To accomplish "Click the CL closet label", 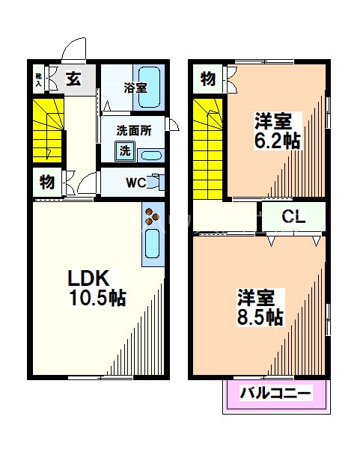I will (293, 217).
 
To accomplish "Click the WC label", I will (135, 182).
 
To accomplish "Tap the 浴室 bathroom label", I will (135, 87).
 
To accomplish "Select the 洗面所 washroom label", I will (133, 129).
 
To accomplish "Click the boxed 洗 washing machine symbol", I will (125, 150).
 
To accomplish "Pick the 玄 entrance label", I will (73, 77).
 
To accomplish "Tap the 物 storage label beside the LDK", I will (46, 180).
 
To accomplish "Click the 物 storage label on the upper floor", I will (208, 78).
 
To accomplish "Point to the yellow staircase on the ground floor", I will (46, 128).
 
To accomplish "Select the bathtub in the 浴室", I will (151, 85).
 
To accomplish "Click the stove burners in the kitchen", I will (153, 216).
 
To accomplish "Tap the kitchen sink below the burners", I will (153, 245).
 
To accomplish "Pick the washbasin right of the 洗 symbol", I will (150, 156).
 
